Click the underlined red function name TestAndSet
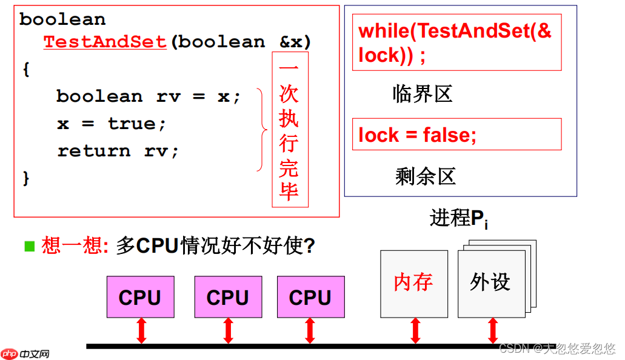point(105,42)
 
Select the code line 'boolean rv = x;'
point(149,96)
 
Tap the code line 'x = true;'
point(112,124)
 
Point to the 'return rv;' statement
point(118,151)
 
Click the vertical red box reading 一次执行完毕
point(289,130)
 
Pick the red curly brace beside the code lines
point(261,129)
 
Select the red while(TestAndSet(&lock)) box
point(456,43)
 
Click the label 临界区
point(423,94)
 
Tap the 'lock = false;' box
point(456,135)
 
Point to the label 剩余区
point(425,176)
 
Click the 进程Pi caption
point(459,219)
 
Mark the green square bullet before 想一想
point(30,246)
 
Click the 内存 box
point(413,283)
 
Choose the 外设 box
point(490,283)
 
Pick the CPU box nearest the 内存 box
point(310,297)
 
